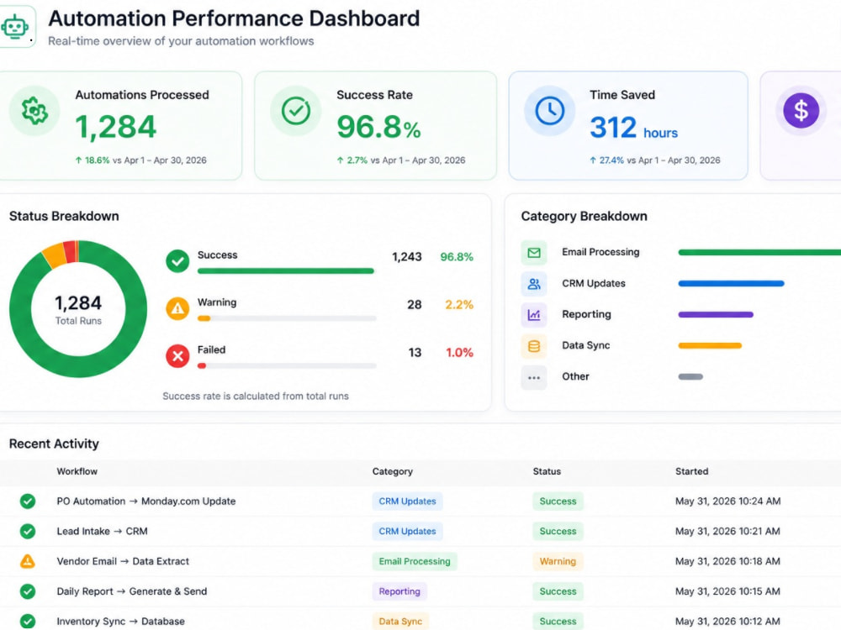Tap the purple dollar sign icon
(801, 111)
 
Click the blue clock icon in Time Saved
(550, 111)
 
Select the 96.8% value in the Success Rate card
(378, 127)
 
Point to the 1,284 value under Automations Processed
(115, 127)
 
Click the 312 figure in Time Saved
(613, 128)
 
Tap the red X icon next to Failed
(177, 355)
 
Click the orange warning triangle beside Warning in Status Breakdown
(177, 308)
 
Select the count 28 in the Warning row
(414, 305)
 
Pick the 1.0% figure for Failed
(460, 353)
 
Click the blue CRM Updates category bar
(731, 283)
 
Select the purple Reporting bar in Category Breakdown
(716, 314)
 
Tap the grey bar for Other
(690, 376)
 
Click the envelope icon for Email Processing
(534, 253)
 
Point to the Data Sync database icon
(534, 346)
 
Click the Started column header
(691, 471)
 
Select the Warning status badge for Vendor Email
(558, 561)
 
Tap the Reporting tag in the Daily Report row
(399, 591)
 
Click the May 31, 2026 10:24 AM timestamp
(727, 501)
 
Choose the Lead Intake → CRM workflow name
(102, 532)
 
